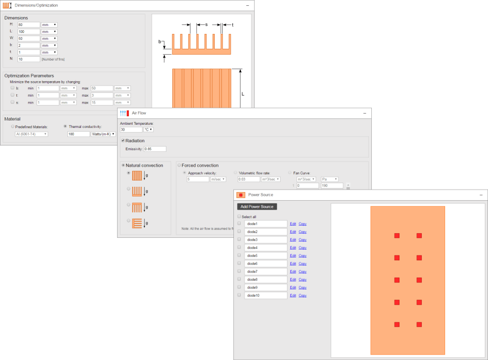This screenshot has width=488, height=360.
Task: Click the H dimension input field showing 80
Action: tap(29, 24)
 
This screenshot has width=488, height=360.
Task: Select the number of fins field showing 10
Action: tap(29, 59)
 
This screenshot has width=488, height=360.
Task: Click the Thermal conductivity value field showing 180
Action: tap(79, 134)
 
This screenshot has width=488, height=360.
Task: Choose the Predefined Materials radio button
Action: tap(13, 126)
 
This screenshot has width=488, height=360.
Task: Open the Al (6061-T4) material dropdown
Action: tap(31, 134)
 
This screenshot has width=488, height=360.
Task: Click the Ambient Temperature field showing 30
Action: tap(131, 129)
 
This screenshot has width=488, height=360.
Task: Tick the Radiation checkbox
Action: tap(123, 141)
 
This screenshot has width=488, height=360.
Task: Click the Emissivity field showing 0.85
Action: tap(155, 149)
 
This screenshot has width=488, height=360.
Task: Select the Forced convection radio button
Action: tap(179, 165)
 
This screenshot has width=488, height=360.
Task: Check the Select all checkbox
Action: tap(239, 217)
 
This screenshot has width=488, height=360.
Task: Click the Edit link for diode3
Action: tap(293, 240)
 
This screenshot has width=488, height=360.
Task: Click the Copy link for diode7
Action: tap(302, 272)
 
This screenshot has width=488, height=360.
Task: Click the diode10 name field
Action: tap(265, 295)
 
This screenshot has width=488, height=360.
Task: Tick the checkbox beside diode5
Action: tap(239, 255)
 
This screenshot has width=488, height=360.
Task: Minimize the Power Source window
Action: tap(481, 195)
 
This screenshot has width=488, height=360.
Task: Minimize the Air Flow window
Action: tap(364, 113)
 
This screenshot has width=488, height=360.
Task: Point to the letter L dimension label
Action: tap(242, 93)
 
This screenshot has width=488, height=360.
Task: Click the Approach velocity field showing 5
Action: tap(197, 179)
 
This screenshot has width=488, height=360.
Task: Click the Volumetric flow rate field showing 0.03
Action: tap(248, 179)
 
